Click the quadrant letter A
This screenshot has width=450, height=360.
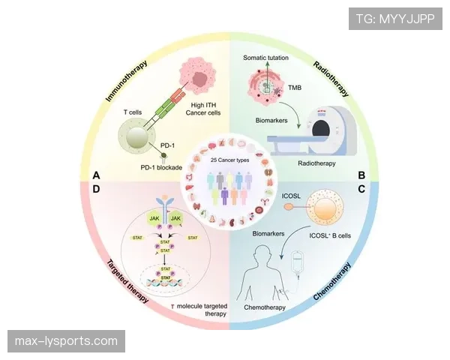(96, 175)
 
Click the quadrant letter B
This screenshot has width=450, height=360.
(361, 175)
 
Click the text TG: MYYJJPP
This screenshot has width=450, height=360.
(395, 17)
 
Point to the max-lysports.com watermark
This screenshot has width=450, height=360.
(66, 341)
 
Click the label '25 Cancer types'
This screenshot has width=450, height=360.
(227, 160)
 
